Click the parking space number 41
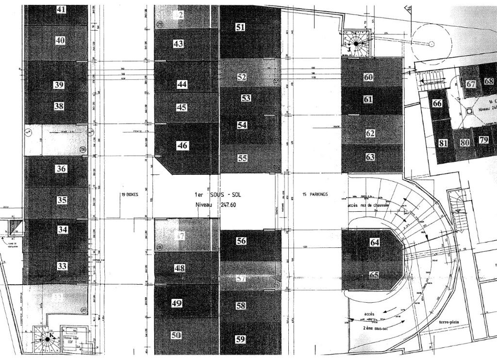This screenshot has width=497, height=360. pos(62,9)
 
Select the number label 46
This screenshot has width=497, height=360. pos(182,145)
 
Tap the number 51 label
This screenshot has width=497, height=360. pos(240,28)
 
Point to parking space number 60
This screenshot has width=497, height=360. pos(368,77)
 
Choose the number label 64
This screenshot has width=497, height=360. pos(375,242)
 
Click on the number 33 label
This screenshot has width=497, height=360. pos(62,266)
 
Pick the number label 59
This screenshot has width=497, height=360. pos(240,340)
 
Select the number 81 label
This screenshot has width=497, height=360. pos(443,143)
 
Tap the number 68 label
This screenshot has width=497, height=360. pos(489,82)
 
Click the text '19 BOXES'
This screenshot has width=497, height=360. pos(130,194)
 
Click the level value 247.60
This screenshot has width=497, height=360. pos(231,205)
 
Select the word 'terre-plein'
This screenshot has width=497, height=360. pos(449,322)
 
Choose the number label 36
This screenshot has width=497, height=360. pos(61,169)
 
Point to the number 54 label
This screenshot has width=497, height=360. pos(242,125)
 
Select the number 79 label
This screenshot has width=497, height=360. pos(483,140)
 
